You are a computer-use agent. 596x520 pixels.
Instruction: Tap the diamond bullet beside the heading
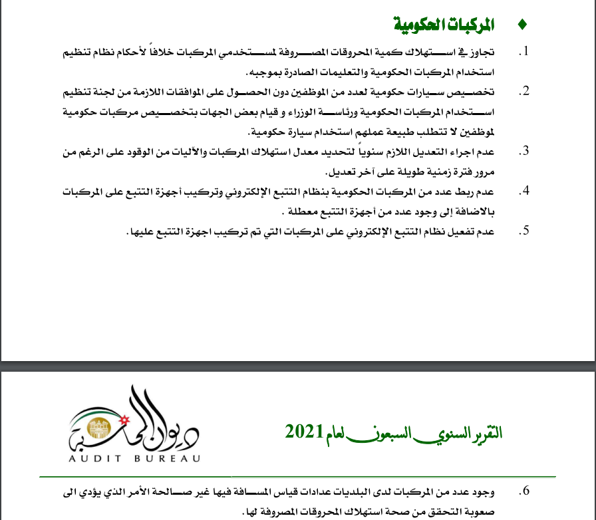click(521, 26)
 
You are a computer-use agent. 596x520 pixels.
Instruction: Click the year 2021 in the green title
click(304, 432)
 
